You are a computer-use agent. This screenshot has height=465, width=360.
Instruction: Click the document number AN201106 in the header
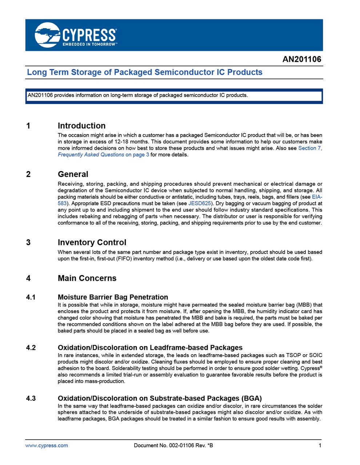click(302, 59)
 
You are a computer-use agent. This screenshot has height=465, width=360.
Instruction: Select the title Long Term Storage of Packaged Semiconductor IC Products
click(145, 72)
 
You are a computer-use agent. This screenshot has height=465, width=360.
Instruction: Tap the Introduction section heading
click(81, 126)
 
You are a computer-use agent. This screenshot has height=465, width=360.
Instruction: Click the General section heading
click(73, 174)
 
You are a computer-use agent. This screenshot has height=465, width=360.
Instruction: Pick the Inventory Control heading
click(92, 242)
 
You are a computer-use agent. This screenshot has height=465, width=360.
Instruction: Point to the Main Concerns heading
click(87, 278)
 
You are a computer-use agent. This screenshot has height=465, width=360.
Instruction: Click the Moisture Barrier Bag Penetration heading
click(113, 297)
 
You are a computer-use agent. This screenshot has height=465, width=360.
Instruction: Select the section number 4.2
click(31, 348)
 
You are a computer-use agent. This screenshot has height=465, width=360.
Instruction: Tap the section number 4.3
click(31, 398)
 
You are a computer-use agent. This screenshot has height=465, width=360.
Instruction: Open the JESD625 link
click(200, 203)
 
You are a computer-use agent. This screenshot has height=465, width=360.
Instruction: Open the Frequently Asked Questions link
click(91, 155)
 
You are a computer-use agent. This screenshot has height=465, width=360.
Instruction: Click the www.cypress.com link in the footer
click(47, 445)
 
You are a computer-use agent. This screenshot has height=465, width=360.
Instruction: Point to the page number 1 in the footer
click(320, 445)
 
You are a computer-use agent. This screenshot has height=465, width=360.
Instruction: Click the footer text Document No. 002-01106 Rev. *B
click(173, 445)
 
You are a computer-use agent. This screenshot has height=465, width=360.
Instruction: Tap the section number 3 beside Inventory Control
click(28, 242)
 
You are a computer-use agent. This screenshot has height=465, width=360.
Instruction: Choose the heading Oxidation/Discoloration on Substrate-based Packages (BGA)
click(160, 398)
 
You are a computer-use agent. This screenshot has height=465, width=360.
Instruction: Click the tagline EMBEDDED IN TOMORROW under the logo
click(89, 44)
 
